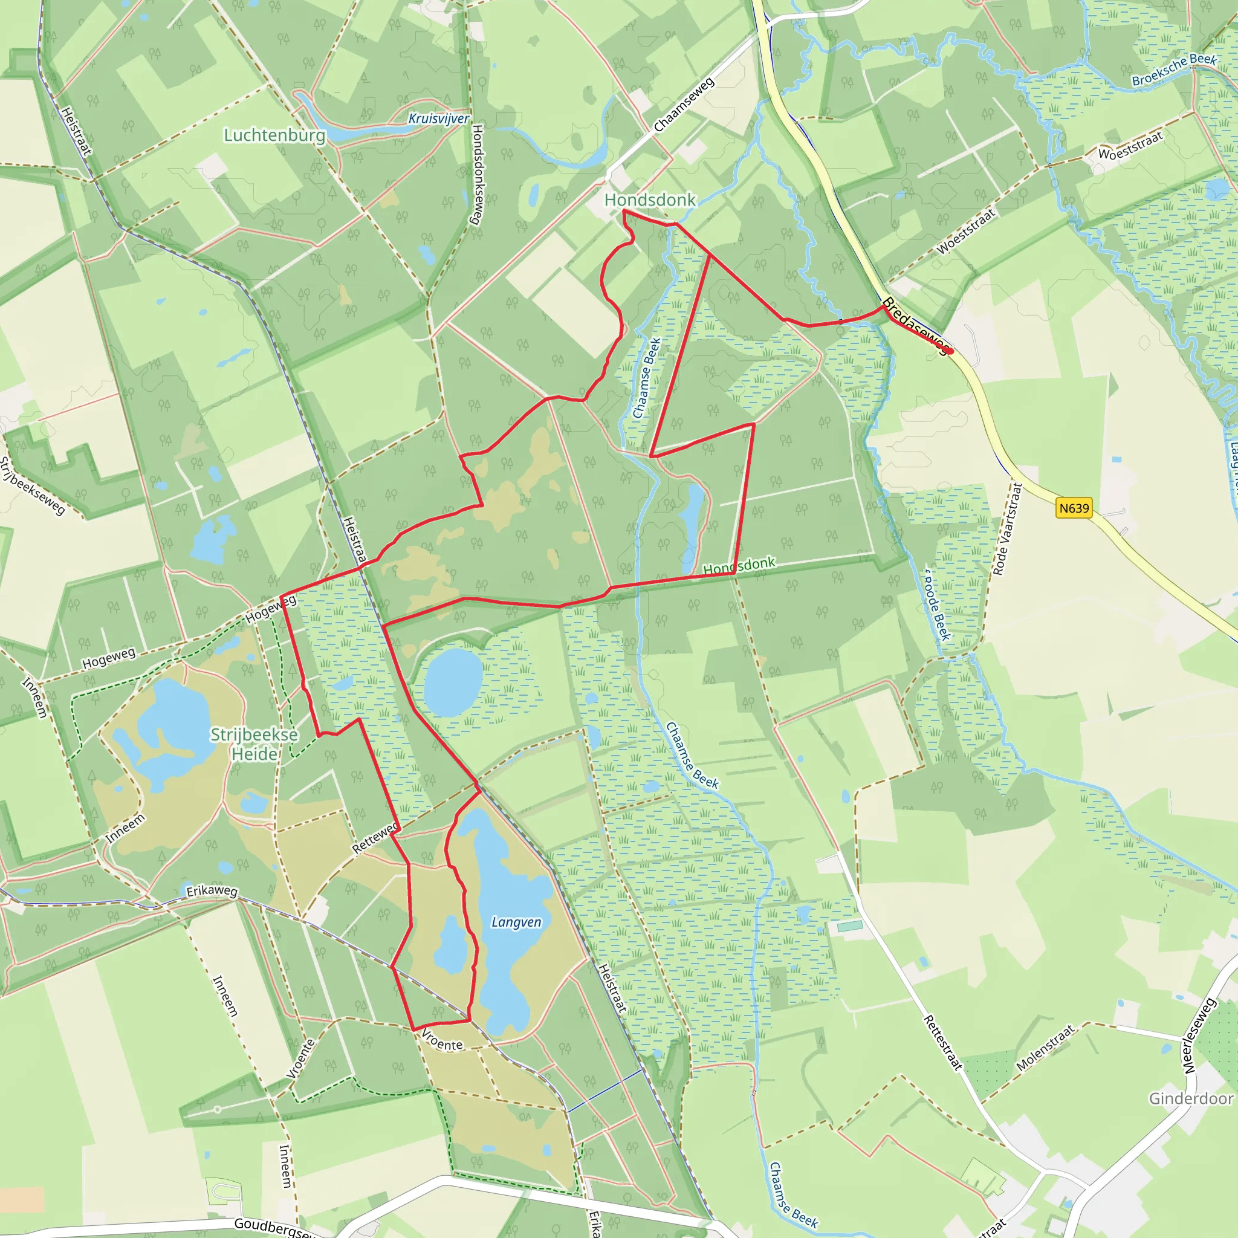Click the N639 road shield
click(x=1074, y=508)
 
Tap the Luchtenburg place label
click(x=274, y=135)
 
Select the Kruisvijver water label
click(x=439, y=118)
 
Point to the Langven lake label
click(x=516, y=921)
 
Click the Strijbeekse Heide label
click(x=254, y=744)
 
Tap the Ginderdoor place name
click(x=1191, y=1098)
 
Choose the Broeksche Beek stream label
click(x=1174, y=70)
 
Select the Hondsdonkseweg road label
click(x=478, y=174)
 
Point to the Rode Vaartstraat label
click(x=1005, y=529)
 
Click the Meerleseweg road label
click(x=1199, y=1036)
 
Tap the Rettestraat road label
click(x=942, y=1043)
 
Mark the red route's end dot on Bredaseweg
click(x=950, y=351)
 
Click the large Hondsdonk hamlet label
click(x=650, y=200)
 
